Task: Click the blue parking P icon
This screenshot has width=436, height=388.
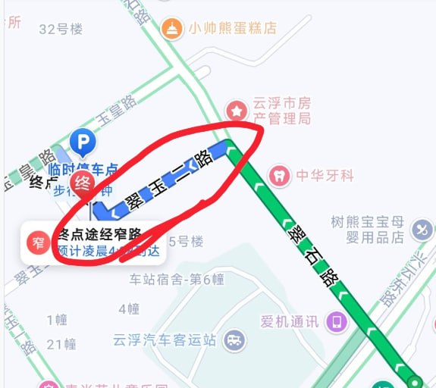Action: [x=82, y=141]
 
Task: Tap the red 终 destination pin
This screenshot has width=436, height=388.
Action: [x=81, y=183]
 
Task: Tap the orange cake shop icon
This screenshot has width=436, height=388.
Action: [x=174, y=29]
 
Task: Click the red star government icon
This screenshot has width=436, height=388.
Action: [x=237, y=111]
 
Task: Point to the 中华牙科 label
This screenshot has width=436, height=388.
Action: [x=325, y=176]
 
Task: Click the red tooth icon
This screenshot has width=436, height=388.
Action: [x=281, y=176]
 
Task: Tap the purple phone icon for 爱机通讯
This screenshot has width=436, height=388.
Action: [x=336, y=321]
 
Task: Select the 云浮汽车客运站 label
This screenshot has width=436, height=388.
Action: [x=164, y=339]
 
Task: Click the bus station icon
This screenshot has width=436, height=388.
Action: [x=235, y=339]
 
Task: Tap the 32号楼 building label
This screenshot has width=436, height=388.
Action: [x=60, y=29]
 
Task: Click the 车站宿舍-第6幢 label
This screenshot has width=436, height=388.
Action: [x=177, y=279]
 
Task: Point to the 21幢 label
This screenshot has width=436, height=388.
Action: [x=61, y=344]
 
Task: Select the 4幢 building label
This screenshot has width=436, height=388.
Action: [x=129, y=308]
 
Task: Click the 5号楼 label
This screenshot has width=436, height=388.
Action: [x=187, y=242]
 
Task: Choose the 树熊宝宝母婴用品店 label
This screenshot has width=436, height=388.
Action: [x=369, y=229]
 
